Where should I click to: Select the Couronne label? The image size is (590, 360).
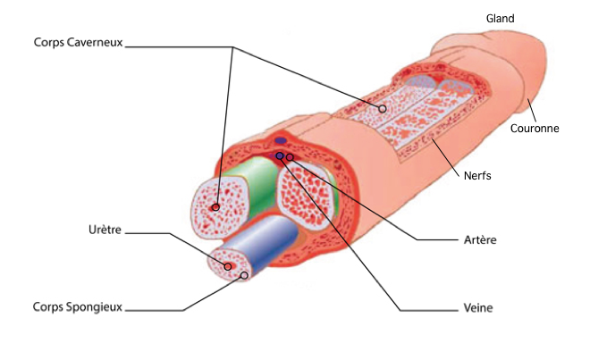point(534,128)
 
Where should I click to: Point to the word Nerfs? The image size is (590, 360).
point(477,175)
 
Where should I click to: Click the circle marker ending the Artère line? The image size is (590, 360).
point(290,158)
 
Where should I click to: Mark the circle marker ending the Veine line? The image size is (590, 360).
point(280,155)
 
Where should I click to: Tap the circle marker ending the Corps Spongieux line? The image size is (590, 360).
point(244,276)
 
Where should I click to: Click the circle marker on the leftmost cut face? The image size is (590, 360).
point(215,207)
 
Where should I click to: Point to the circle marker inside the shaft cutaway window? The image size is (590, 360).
point(383,109)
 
